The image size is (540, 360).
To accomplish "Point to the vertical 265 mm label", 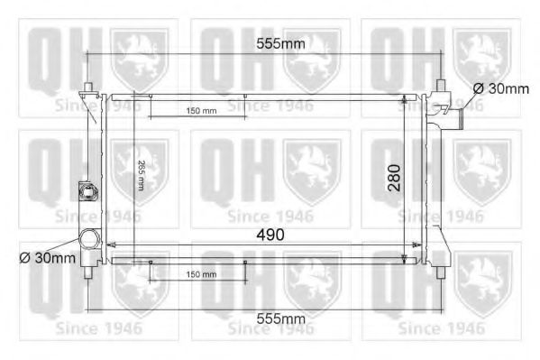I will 142,172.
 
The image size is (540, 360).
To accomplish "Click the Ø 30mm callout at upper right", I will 500,88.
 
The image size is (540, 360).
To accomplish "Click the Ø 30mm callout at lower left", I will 47,258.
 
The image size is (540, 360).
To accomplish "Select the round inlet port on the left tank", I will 89,240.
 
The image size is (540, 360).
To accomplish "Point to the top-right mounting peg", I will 441,88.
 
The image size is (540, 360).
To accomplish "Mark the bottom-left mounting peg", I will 88,272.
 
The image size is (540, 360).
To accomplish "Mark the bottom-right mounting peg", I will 441,271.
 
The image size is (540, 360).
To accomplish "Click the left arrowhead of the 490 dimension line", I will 110,245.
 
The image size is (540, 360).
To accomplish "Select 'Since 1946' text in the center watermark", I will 270,216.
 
